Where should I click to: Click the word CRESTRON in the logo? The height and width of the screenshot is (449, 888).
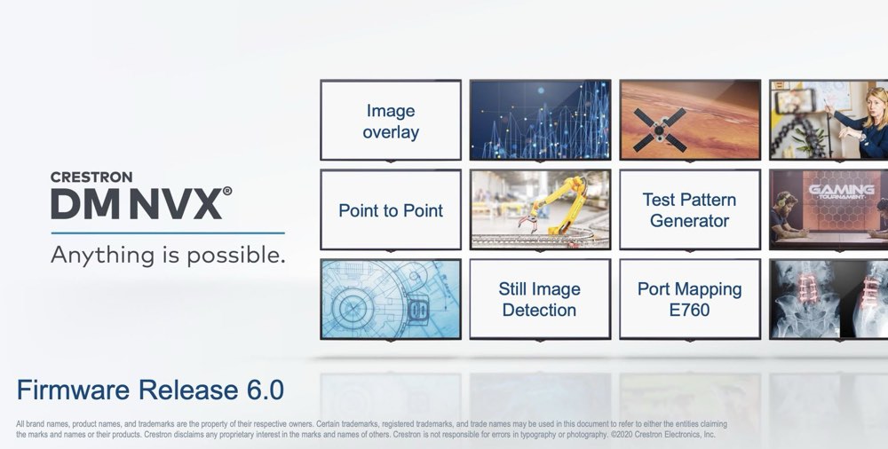click(91, 177)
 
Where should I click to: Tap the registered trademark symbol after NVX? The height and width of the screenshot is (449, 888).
click(227, 192)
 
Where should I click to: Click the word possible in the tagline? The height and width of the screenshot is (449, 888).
click(236, 256)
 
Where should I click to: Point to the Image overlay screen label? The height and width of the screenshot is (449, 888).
click(391, 122)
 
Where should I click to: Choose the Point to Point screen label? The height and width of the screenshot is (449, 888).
click(391, 210)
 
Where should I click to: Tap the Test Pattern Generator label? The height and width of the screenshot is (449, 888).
click(689, 210)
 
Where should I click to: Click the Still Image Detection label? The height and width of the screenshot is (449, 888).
click(540, 300)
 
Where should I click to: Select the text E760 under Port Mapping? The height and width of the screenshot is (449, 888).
click(689, 311)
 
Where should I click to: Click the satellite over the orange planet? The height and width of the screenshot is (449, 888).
click(659, 130)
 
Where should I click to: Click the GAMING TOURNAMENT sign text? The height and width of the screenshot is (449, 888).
click(841, 192)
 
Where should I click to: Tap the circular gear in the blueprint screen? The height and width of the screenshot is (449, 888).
click(353, 309)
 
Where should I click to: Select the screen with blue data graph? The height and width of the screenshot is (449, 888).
click(540, 120)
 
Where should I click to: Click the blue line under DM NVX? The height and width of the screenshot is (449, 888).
click(168, 232)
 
